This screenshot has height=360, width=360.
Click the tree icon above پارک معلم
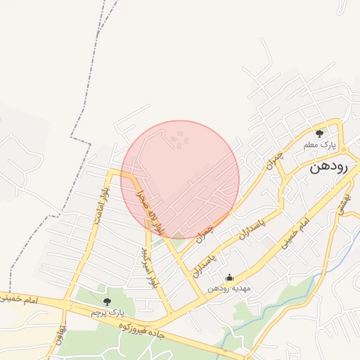pyautogui.click(x=320, y=134)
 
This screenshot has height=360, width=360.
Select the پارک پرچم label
pyautogui.click(x=108, y=312)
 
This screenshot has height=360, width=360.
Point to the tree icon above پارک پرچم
pyautogui.click(x=107, y=301)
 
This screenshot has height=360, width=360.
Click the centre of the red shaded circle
pyautogui.click(x=180, y=179)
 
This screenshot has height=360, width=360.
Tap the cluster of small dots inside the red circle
pyautogui.click(x=180, y=140)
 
